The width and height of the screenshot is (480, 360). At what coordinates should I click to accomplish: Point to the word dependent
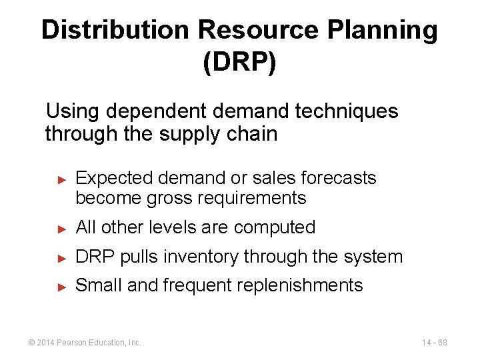coord(158,111)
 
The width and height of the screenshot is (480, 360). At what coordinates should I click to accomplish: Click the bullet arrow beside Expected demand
coord(61,179)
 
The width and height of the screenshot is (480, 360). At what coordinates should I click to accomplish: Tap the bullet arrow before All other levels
coord(61,228)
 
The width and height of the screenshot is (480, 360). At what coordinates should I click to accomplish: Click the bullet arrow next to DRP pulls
coord(61,257)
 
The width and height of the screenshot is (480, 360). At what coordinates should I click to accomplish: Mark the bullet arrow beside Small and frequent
coord(61,287)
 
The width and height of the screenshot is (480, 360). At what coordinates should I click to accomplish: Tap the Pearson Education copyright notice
coord(84,343)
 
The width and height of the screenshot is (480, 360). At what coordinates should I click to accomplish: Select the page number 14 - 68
coord(434,343)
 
